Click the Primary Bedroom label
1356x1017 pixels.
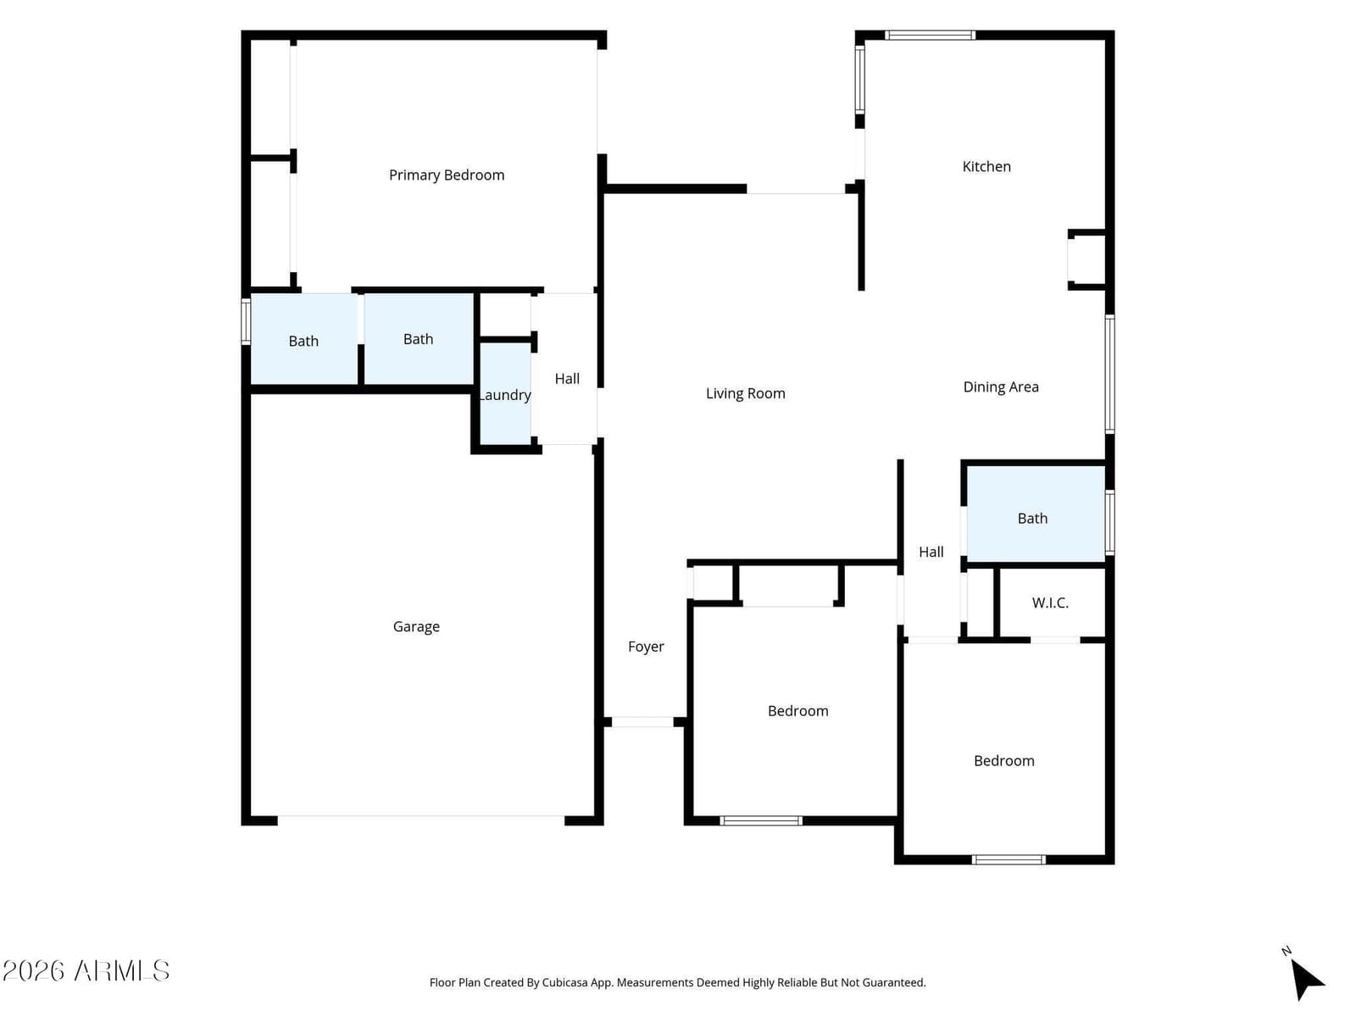coord(446,175)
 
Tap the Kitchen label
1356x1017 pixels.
coord(986,166)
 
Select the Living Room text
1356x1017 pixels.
coord(745,393)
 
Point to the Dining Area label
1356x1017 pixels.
coord(1000,386)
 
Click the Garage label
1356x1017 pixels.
coord(416,627)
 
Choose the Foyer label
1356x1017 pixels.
coord(646,647)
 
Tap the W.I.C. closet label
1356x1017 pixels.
coord(1049,603)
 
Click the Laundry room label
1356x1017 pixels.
coord(505,395)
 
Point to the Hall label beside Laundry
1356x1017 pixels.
coord(566,379)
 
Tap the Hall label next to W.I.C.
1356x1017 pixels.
coord(931,552)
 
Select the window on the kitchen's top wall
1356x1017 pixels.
coord(929,36)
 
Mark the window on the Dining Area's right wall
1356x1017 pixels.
coord(1109,374)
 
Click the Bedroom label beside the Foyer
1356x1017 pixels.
coord(797,711)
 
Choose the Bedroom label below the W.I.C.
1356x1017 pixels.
coord(1003,761)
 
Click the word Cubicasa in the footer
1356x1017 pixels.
coord(564,982)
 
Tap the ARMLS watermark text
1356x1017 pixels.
coord(121,970)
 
